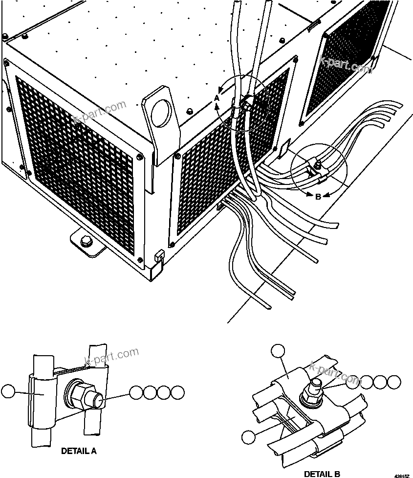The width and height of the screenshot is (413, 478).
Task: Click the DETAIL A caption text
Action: pos(79,451)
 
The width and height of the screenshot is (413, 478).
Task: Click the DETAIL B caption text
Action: pos(322,474)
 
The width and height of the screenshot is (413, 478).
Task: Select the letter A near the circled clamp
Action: pos(217,98)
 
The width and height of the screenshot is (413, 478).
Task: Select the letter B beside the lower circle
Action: pos(318,197)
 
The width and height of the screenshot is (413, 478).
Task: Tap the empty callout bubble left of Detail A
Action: pos(8,392)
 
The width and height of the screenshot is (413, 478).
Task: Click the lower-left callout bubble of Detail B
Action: pos(249,437)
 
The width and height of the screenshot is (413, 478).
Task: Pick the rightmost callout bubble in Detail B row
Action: pos(394,382)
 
